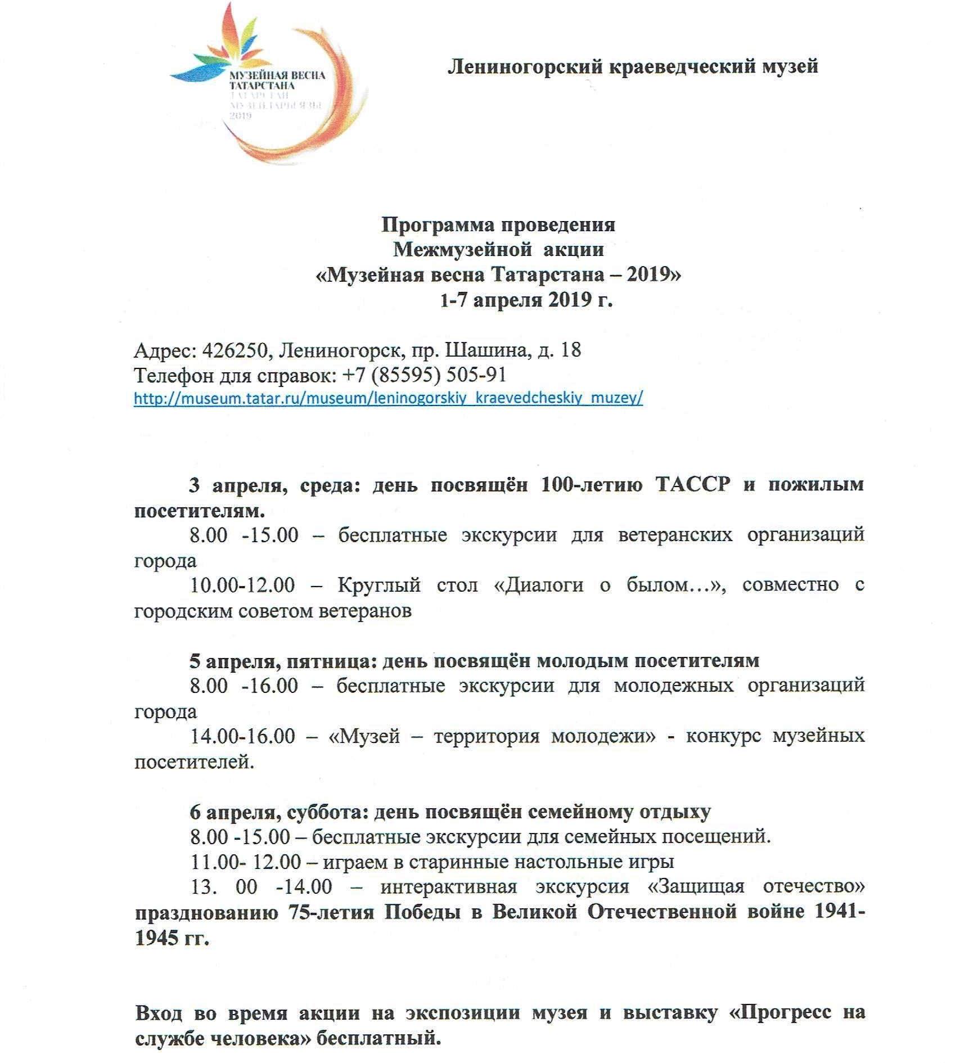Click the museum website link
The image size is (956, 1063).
[388, 398]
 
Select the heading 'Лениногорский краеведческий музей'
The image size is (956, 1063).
[632, 67]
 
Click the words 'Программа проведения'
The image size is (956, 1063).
[498, 225]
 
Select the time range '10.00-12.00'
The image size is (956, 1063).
[242, 585]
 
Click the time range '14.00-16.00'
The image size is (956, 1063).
[242, 736]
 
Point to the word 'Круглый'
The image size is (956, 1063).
[379, 585]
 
